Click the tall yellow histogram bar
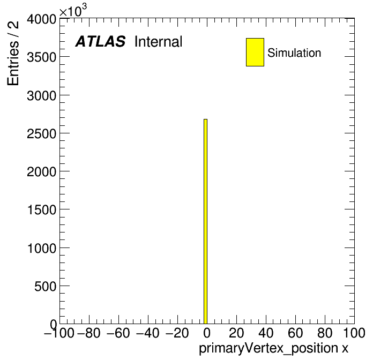(206, 221)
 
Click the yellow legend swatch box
(255, 52)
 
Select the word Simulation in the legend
(294, 52)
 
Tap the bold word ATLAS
(100, 41)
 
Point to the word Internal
(159, 41)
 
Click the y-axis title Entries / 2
(13, 53)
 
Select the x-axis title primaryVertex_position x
(273, 348)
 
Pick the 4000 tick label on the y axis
(42, 19)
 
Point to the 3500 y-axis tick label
(42, 57)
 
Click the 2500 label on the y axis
(42, 133)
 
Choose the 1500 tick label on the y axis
(42, 210)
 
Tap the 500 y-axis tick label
(46, 286)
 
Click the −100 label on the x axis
(59, 333)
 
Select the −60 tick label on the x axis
(118, 333)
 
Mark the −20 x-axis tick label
(177, 333)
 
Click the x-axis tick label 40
(266, 333)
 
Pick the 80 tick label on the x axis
(325, 333)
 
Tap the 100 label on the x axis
(354, 333)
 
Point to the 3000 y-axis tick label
(42, 95)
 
